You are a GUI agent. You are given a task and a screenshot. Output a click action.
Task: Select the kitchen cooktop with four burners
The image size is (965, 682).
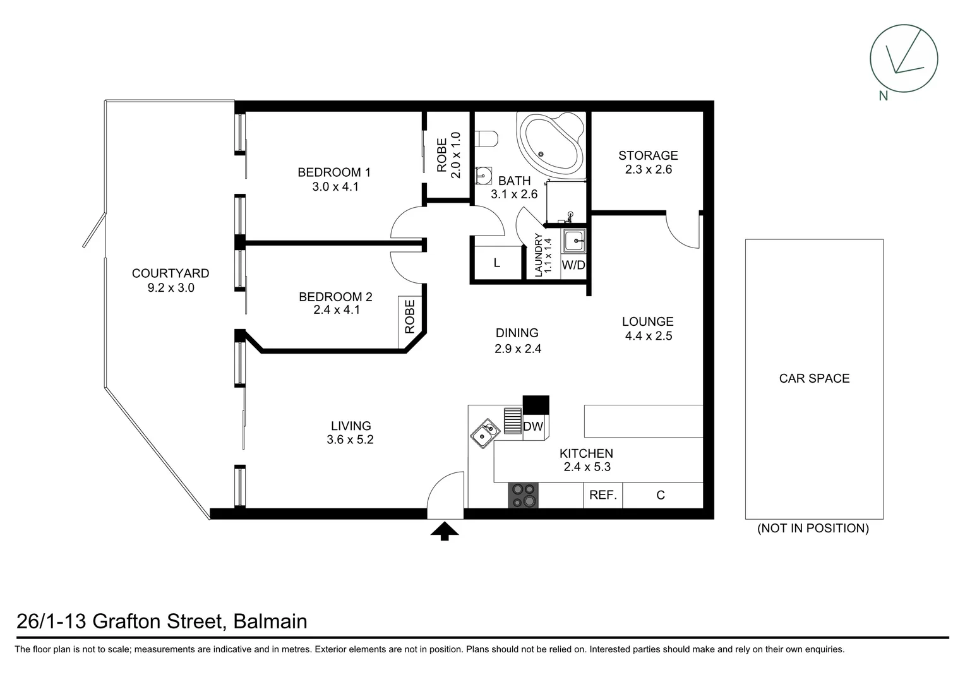[524, 496]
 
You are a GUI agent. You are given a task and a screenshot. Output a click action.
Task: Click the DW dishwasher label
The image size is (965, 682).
[533, 426]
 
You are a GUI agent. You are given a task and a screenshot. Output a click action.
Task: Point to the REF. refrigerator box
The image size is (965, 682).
[602, 495]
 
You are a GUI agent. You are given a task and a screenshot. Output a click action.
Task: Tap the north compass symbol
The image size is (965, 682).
[904, 59]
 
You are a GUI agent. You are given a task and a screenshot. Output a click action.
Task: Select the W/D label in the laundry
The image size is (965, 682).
[573, 265]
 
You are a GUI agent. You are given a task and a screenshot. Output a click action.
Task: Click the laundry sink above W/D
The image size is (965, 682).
[574, 241]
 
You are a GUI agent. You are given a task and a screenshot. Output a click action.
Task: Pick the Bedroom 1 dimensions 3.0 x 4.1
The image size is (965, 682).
[335, 187]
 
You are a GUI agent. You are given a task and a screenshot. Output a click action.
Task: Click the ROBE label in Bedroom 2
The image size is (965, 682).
[410, 316]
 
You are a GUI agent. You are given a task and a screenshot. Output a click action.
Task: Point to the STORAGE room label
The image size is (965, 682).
[648, 155]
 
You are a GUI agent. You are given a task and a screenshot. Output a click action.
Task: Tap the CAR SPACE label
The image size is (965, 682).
[814, 378]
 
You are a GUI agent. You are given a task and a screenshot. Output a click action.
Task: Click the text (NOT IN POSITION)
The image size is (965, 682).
[813, 529]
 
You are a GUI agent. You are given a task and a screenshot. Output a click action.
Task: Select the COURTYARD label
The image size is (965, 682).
[171, 273]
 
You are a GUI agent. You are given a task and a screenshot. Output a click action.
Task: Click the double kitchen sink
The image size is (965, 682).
[485, 433]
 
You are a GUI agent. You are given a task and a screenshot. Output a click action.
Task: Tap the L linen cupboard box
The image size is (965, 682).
[497, 263]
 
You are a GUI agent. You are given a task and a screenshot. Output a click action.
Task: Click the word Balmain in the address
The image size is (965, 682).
[270, 621]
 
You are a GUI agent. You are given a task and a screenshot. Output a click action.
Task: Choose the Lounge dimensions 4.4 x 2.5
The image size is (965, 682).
[649, 336]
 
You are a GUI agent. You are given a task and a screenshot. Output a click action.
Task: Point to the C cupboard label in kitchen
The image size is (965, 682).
[661, 495]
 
